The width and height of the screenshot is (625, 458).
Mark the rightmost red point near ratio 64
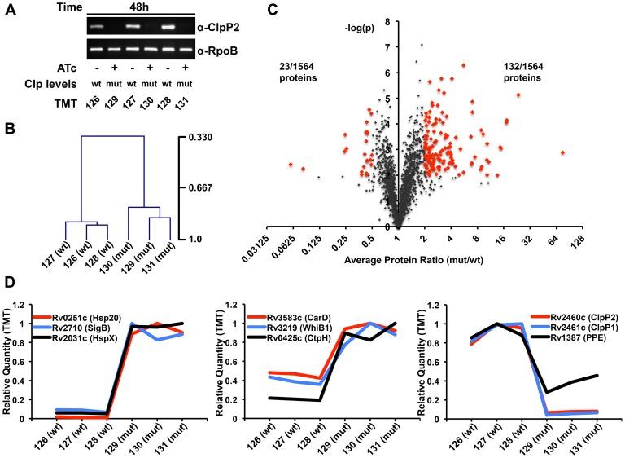pyautogui.click(x=562, y=152)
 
